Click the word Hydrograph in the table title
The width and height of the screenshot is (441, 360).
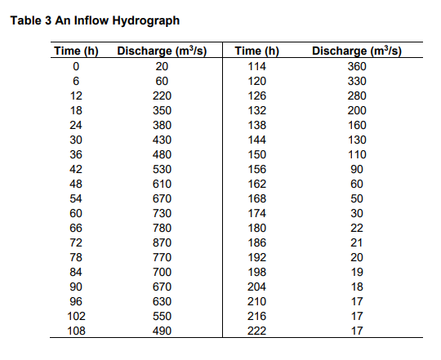coord(148,20)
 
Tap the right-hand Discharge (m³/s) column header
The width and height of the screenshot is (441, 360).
coord(357,51)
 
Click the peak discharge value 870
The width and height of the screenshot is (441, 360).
coord(162,243)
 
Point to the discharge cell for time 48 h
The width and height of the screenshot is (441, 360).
coord(162,184)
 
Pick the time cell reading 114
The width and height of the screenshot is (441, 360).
coord(256,66)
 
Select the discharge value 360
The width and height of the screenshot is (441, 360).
coord(357,66)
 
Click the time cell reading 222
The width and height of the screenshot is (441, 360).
coord(256,331)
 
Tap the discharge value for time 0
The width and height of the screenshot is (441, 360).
coord(162,66)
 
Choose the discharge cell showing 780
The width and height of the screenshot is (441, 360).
coord(162,229)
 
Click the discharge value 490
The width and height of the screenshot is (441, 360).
coord(162,331)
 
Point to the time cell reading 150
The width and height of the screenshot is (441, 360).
coord(256,154)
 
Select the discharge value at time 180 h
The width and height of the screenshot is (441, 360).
coord(357,229)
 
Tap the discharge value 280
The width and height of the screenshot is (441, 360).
coord(357,96)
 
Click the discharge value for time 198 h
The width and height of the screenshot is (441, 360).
coord(357,273)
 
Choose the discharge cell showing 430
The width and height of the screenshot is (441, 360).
coord(162,140)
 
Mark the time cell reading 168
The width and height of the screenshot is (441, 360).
coord(256,198)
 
